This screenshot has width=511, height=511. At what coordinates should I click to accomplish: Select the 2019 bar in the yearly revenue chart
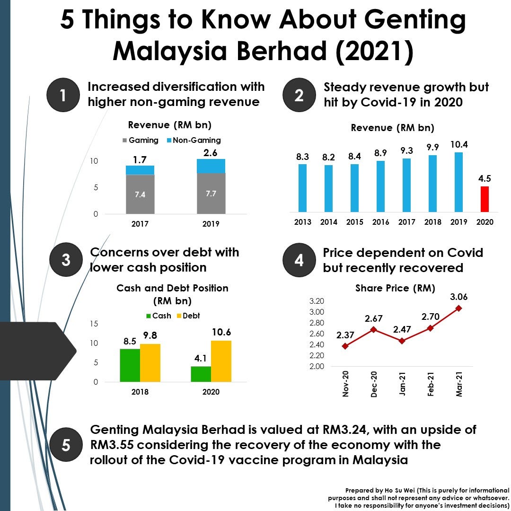458,182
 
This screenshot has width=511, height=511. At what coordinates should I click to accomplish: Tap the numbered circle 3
66,261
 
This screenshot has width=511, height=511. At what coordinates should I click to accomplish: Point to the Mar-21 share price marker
458,308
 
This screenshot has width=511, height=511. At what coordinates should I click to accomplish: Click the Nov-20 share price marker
345,346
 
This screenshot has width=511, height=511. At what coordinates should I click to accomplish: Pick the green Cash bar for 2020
201,374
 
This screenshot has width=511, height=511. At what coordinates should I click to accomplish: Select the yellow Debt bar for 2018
150,362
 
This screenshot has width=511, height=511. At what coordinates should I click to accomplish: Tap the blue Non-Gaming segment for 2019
211,166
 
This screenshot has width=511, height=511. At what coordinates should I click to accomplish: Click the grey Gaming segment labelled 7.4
140,194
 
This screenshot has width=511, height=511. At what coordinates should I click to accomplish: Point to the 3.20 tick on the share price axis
316,301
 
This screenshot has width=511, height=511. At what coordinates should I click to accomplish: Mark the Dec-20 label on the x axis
374,387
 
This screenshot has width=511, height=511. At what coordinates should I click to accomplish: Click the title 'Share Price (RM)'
395,288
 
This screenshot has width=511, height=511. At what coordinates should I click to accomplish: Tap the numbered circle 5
66,445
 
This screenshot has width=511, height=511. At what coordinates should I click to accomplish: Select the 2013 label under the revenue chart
303,222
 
